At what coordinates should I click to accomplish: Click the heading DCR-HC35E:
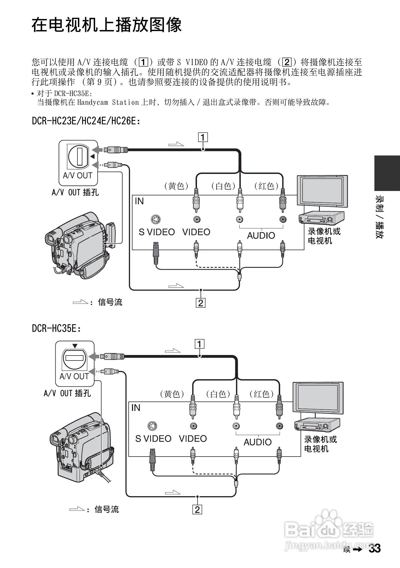click(56, 328)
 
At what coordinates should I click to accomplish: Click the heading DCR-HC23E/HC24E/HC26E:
click(86, 121)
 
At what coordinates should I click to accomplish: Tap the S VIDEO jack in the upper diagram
click(156, 219)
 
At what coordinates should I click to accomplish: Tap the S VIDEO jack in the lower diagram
click(152, 426)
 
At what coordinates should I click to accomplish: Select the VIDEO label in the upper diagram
click(196, 232)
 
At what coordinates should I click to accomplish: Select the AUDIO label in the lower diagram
click(258, 442)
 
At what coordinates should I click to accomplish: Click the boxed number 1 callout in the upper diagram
click(203, 137)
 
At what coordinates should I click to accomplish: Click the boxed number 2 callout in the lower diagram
click(197, 509)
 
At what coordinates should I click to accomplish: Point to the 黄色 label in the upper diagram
click(177, 186)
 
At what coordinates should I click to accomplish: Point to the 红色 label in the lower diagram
click(262, 394)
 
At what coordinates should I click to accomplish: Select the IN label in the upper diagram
click(139, 201)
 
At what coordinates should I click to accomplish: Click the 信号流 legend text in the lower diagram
click(107, 509)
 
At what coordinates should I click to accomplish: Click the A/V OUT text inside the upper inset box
click(77, 175)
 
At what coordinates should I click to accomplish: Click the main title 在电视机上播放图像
click(107, 25)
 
